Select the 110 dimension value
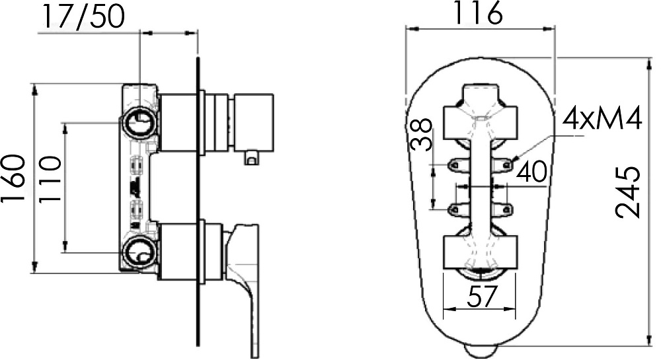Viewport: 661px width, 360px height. pyautogui.click(x=50, y=180)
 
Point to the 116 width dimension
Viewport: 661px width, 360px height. pyautogui.click(x=479, y=13)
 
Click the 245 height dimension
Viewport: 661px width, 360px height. pyautogui.click(x=628, y=193)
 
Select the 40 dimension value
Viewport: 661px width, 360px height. pyautogui.click(x=532, y=172)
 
